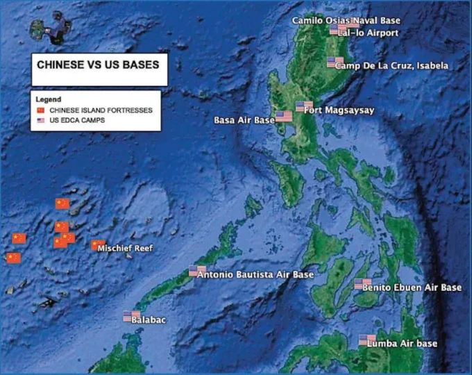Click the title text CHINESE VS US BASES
coord(98,65)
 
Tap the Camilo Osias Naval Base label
coord(346,21)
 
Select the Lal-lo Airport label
coord(373,33)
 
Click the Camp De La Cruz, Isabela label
coord(391,66)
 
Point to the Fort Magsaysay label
coord(339,110)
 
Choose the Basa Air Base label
coord(244,120)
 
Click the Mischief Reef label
coord(124,248)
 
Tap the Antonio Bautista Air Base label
coord(255,275)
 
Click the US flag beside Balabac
coord(131,316)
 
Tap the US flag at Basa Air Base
coord(284,117)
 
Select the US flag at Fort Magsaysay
coord(303,106)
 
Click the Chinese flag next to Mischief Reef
coord(98,245)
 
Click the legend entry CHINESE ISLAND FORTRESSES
coord(101,110)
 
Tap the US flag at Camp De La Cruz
coord(335,62)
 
